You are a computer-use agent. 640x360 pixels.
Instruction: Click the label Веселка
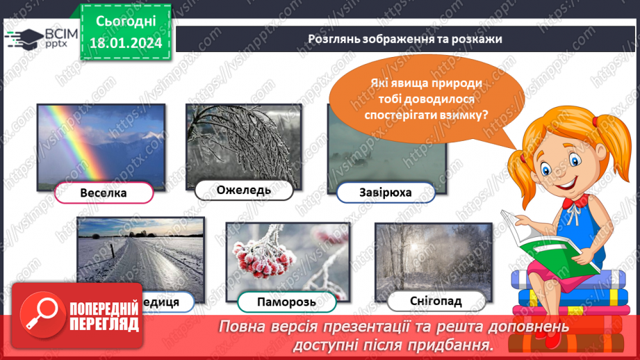104,193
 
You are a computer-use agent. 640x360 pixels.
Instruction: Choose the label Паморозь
286,302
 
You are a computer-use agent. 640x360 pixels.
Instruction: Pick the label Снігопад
435,301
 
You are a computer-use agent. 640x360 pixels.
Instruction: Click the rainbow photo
101,142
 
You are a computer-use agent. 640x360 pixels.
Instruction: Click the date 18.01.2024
126,43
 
